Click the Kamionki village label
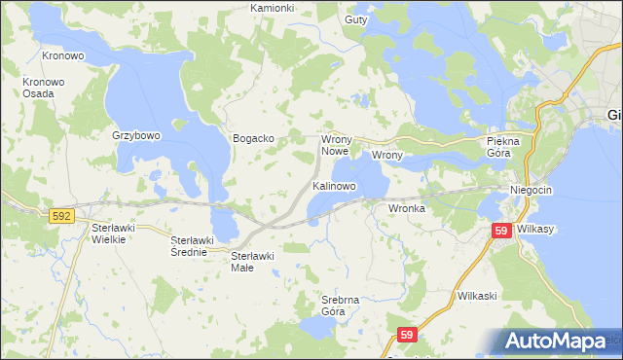click(272, 8)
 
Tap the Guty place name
click(356, 19)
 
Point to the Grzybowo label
click(135, 136)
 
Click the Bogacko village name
click(253, 139)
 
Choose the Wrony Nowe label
click(335, 145)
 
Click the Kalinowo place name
click(334, 185)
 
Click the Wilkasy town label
click(536, 231)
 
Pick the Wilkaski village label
click(477, 294)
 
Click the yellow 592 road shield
click(59, 216)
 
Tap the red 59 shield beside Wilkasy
click(501, 231)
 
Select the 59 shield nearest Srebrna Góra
click(407, 336)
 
